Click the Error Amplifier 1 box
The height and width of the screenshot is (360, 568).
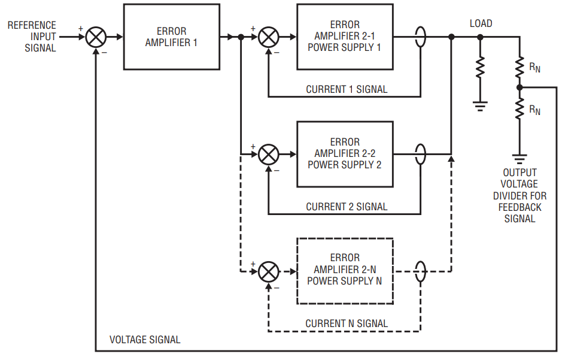[x=171, y=37]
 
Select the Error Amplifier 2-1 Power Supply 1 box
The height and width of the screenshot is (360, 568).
[x=345, y=37]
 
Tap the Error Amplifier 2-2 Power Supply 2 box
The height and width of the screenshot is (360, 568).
[x=345, y=154]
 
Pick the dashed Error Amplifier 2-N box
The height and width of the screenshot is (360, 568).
[x=345, y=271]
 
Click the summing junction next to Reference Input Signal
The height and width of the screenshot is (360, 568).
[x=96, y=37]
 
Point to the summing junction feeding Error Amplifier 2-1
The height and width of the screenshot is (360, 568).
[x=268, y=37]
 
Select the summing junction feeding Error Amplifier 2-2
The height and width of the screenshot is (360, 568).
[x=268, y=155]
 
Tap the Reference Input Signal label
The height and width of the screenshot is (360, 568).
[x=32, y=36]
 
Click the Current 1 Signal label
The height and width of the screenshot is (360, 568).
[x=347, y=89]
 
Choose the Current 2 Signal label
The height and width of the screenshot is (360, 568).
[x=347, y=207]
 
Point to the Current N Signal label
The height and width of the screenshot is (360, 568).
[x=347, y=323]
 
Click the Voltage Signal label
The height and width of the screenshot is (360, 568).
[x=145, y=340]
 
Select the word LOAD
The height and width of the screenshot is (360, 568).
[x=481, y=23]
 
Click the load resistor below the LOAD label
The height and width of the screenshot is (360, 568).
[x=480, y=67]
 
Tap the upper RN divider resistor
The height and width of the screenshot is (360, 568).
[x=520, y=67]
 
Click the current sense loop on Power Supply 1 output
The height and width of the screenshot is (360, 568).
[x=420, y=37]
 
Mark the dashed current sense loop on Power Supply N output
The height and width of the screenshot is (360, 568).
[x=420, y=271]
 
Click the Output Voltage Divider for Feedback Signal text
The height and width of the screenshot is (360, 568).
[x=520, y=196]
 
